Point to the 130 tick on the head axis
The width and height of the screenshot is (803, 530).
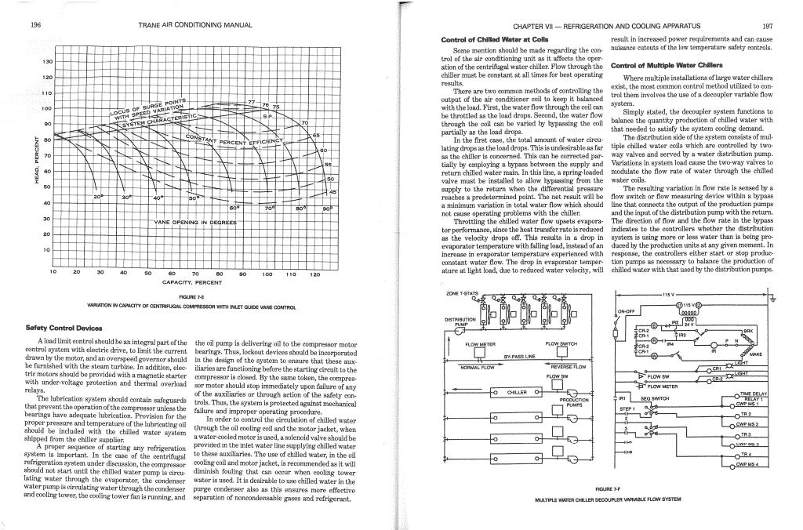(47, 60)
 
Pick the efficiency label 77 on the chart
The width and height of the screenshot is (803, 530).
(250, 102)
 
